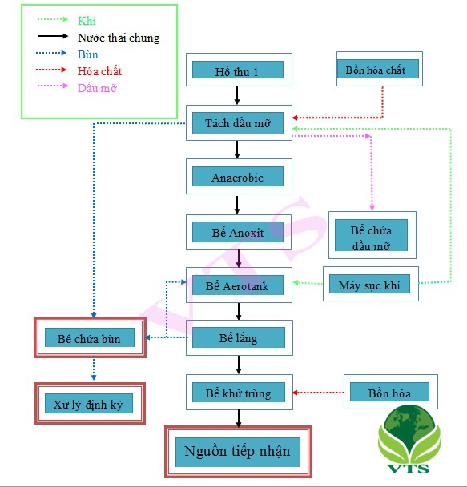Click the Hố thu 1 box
239,70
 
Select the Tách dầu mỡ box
239,122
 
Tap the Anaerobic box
239,177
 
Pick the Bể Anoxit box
239,232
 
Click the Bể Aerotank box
239,285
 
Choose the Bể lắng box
240,337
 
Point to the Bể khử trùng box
240,393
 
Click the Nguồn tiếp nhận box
239,452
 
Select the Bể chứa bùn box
90,337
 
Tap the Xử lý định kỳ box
90,404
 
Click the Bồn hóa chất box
380,69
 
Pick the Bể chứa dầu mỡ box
372,235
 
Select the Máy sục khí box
371,284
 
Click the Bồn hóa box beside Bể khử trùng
391,392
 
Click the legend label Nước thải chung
119,38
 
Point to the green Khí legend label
87,21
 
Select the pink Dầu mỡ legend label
97,88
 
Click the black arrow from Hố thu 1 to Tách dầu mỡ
237,95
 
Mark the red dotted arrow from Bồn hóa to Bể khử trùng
318,393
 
